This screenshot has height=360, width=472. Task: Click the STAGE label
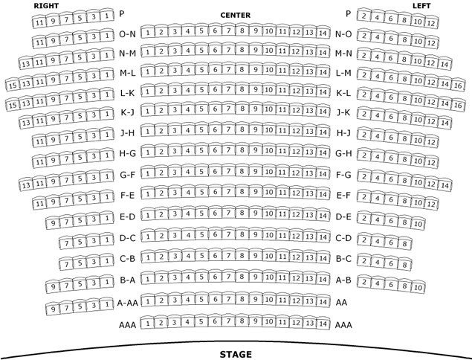click(236, 354)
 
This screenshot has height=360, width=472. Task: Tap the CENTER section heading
click(236, 16)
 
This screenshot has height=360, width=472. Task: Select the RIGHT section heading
click(46, 6)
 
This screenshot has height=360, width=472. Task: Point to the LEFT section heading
click(421, 6)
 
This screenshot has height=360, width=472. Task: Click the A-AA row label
click(127, 303)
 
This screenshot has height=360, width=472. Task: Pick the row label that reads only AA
click(341, 303)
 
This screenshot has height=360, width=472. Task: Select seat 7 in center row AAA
click(228, 321)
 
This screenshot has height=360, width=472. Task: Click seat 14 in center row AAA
click(323, 324)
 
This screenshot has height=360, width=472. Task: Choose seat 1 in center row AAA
click(147, 324)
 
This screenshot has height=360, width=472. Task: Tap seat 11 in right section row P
click(39, 22)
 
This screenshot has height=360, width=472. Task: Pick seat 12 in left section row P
click(431, 23)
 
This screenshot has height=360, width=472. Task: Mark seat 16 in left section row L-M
click(458, 86)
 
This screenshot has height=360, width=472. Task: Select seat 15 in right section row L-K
click(13, 105)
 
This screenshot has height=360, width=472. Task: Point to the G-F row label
click(128, 175)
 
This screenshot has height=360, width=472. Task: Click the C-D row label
click(343, 238)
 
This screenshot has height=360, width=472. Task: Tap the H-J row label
click(343, 133)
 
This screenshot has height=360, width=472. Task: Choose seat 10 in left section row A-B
click(418, 287)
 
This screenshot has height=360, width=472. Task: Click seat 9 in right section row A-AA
click(53, 309)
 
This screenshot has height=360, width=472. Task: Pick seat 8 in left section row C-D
click(405, 243)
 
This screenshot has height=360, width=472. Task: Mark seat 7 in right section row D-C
click(66, 243)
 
